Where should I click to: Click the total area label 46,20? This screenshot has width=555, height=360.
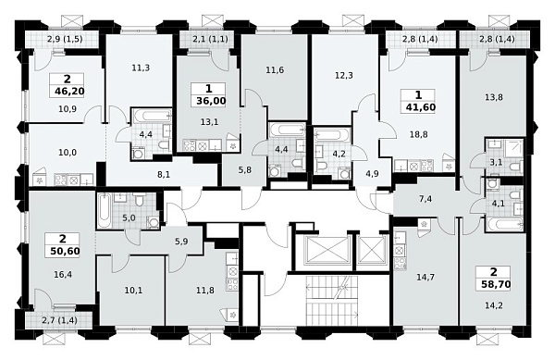[x=69, y=92]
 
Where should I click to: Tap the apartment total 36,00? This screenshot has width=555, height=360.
[x=211, y=101]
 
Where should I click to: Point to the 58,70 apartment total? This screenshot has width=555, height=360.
[x=496, y=283]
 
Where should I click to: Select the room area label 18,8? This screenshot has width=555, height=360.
[x=418, y=134]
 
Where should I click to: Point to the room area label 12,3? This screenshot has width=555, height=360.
[x=344, y=75]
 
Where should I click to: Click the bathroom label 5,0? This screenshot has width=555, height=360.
[x=129, y=217]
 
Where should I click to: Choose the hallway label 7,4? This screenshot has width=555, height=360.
[x=425, y=199]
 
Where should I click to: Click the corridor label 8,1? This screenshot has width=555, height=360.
[x=164, y=174]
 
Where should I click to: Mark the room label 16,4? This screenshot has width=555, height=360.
[x=63, y=274]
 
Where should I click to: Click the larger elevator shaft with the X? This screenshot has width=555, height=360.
[x=323, y=251]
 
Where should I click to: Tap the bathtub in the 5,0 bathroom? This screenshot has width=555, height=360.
[x=104, y=212]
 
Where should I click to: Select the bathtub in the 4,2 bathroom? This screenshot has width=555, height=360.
[x=332, y=136]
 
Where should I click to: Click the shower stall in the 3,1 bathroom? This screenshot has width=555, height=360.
[x=513, y=148]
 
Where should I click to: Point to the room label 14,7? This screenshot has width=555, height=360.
[x=425, y=277]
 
